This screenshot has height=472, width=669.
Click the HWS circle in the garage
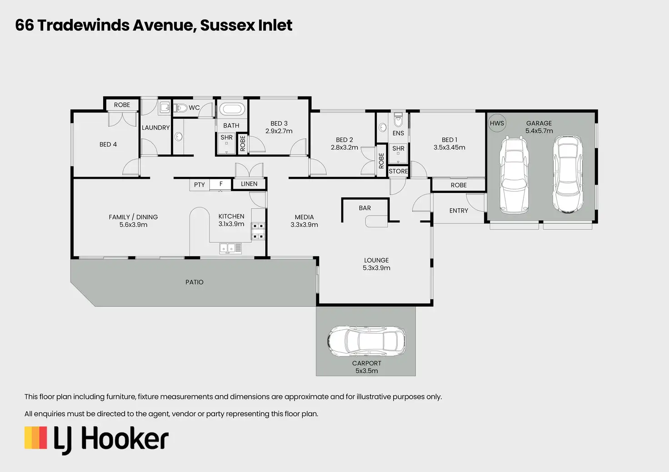[497, 123]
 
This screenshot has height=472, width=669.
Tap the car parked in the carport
[366, 341]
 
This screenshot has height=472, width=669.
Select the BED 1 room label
[449, 140]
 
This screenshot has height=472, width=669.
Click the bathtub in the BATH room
[231, 109]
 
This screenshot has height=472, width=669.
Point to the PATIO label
[195, 282]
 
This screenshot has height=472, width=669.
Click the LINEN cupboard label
[249, 184]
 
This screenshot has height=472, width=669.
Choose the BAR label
[365, 208]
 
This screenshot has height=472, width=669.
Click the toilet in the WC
[181, 108]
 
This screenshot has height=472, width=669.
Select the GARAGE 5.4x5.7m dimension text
[539, 131]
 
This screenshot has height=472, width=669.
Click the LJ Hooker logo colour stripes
[36, 438]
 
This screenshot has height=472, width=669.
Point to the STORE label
[398, 171]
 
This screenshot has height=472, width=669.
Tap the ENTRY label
[459, 211]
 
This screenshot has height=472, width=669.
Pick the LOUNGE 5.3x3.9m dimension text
[376, 268]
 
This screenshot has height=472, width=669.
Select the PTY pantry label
[200, 185]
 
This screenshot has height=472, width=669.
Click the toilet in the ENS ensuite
[398, 120]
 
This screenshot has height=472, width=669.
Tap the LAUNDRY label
[155, 128]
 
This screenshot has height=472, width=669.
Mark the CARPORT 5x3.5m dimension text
[367, 371]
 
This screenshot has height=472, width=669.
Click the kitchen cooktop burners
[258, 231]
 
